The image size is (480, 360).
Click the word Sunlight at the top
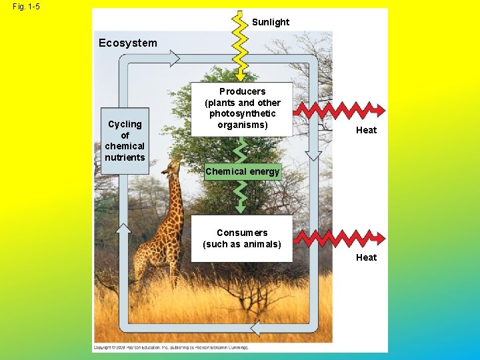[271, 22]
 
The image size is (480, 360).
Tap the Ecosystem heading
[128, 43]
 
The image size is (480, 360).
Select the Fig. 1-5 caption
[26, 7]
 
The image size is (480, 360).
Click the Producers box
[243, 108]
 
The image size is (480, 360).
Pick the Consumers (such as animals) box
[242, 238]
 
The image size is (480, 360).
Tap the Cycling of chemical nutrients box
[125, 141]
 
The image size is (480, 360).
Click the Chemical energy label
[243, 171]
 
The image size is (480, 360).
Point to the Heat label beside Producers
[366, 130]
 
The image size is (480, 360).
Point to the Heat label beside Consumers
[366, 257]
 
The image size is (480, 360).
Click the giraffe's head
[171, 166]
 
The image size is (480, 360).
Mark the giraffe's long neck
[176, 200]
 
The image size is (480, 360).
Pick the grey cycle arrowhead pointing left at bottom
[261, 327]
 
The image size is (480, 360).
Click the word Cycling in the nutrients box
[125, 124]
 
